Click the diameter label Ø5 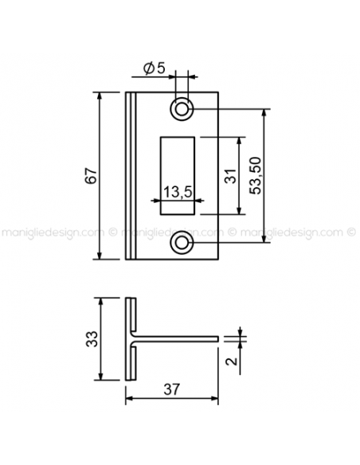[154, 68]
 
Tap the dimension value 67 [91, 176]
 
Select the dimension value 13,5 [178, 192]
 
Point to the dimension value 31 [230, 176]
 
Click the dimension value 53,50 [256, 175]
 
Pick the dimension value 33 [92, 338]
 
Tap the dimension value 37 [172, 389]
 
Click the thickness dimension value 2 [232, 361]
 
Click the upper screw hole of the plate [182, 109]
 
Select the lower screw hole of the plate [182, 243]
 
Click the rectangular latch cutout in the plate [178, 175]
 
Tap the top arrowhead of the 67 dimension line [100, 96]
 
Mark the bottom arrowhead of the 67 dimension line [100, 256]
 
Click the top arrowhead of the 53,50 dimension [264, 112]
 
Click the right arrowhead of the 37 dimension [215, 399]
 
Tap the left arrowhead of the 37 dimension [129, 399]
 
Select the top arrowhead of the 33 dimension [101, 300]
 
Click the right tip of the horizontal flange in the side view [218, 338]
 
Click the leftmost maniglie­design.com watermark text [53, 232]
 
